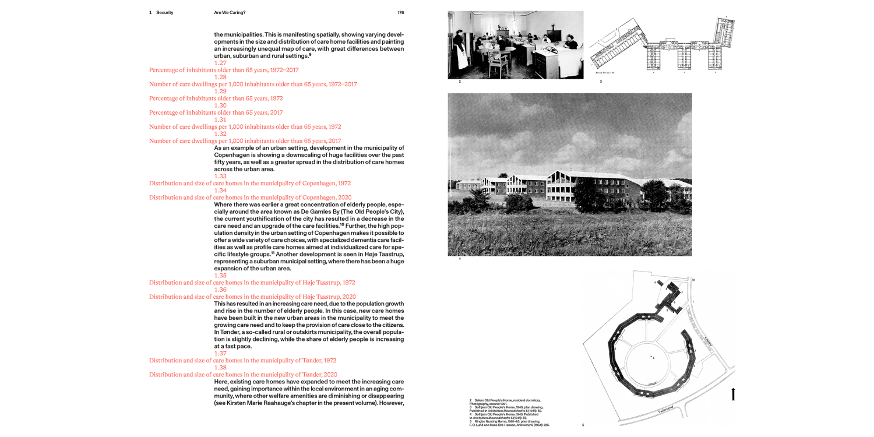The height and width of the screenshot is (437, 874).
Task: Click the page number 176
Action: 400,12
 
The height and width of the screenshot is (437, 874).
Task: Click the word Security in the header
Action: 164,12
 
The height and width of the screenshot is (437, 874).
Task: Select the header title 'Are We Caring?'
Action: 230,12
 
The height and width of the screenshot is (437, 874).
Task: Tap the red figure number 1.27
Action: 220,63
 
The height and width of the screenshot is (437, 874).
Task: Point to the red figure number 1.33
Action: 220,176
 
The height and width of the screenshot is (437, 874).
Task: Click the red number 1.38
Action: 220,368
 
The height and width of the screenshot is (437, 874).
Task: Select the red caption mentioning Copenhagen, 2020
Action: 250,198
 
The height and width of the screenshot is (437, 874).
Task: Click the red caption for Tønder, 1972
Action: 243,361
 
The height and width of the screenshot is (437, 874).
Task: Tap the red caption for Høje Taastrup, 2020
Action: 252,297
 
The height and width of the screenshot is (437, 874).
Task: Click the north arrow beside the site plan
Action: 733,394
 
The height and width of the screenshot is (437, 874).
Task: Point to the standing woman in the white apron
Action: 460,49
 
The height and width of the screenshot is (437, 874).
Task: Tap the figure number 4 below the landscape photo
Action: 460,259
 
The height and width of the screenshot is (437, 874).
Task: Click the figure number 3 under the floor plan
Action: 601,82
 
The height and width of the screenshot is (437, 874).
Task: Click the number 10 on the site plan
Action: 693,280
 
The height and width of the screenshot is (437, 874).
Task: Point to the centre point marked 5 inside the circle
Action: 652,357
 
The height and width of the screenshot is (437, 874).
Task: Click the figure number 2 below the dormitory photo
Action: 460,82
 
